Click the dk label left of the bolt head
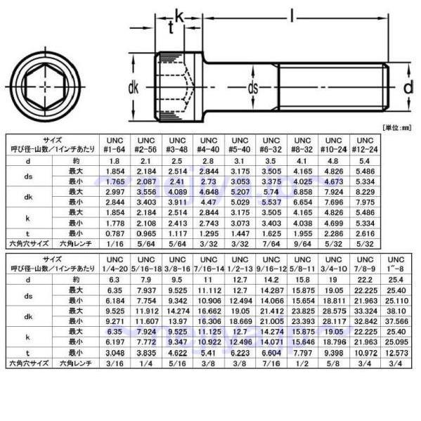(134, 89)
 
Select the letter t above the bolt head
(171, 27)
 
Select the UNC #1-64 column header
(115, 144)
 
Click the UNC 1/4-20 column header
(115, 263)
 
